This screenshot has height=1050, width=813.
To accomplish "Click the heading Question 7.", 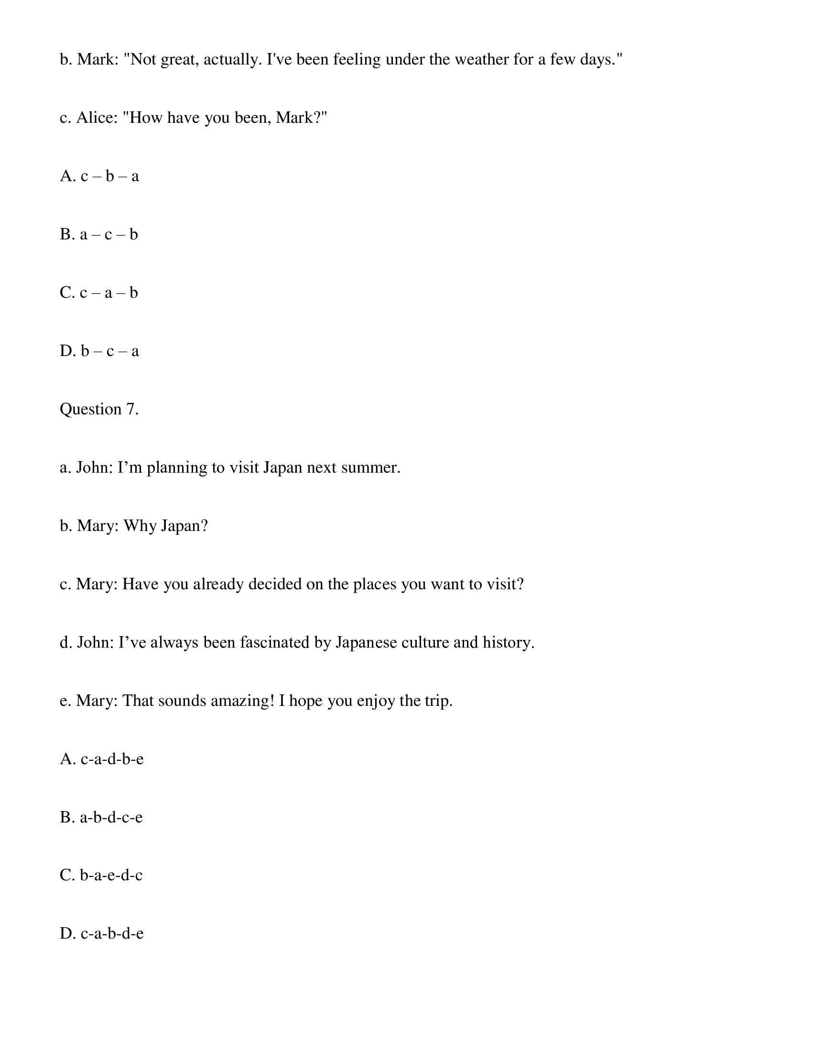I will coord(99,409).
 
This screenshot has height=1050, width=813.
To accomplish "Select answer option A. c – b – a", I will coord(99,176).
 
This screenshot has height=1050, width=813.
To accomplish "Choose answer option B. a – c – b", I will coord(98,235).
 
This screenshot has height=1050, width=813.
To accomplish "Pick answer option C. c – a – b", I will coord(98,293).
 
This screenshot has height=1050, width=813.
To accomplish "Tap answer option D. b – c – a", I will coord(99,351).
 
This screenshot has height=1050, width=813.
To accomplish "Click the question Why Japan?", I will coord(166,526).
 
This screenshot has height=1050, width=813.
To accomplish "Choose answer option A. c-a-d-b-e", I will coord(101,759).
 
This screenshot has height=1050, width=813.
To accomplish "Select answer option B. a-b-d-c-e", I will coord(101,817).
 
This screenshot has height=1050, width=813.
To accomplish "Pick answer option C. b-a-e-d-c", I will coord(101,875).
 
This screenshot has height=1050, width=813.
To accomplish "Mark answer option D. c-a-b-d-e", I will coord(101,934).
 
